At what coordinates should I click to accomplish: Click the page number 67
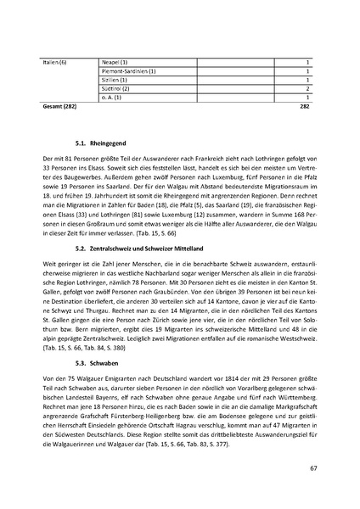click(x=313, y=467)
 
